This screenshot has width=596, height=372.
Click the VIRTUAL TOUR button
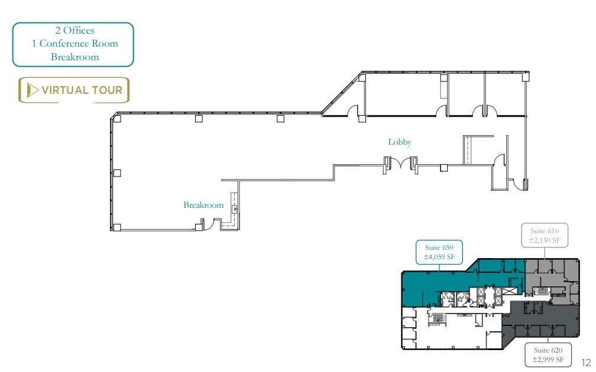pyautogui.click(x=74, y=90)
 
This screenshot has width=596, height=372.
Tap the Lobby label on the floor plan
pyautogui.click(x=400, y=142)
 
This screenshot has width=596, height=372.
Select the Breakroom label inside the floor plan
pyautogui.click(x=203, y=205)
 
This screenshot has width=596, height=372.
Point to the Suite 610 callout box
pyautogui.click(x=545, y=234)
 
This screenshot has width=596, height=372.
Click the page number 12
pyautogui.click(x=586, y=361)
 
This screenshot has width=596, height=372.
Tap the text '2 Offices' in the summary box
pyautogui.click(x=74, y=31)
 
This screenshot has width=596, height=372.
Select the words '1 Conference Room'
pyautogui.click(x=74, y=44)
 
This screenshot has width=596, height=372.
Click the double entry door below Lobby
pyautogui.click(x=400, y=162)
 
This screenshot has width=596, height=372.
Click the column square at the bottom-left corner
pyautogui.click(x=117, y=227)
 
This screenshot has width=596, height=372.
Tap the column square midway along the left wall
pyautogui.click(x=117, y=173)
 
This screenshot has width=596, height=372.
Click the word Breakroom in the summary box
pyautogui.click(x=74, y=57)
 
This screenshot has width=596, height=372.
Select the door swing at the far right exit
pyautogui.click(x=520, y=184)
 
